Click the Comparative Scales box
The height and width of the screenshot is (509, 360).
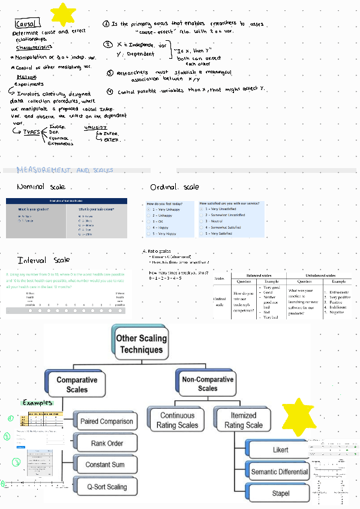77,385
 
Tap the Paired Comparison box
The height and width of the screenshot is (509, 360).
106,421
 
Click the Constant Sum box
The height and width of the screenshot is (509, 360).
106,465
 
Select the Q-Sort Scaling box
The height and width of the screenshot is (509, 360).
106,487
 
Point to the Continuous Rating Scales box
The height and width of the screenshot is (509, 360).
177,420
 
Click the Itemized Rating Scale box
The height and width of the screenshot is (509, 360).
243,420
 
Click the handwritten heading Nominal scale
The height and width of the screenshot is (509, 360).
41,187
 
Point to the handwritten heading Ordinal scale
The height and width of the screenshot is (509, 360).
175,187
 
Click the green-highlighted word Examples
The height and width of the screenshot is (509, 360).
37,403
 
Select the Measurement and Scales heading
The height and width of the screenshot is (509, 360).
64,170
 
